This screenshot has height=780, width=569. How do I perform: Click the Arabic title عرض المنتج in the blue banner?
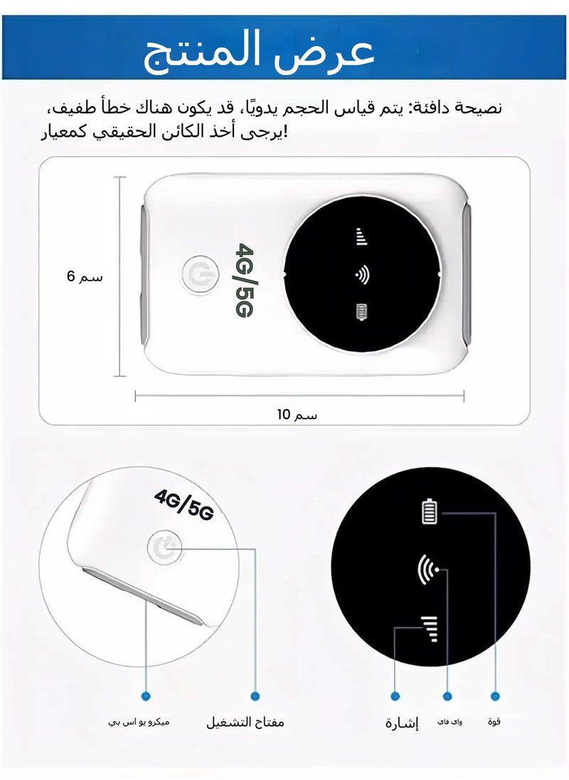point(259,51)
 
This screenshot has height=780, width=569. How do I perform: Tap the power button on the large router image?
point(197,274)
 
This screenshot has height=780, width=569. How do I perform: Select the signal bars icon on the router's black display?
point(361,237)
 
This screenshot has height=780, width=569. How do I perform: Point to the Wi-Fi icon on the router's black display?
point(362,275)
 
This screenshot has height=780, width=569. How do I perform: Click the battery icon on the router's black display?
point(362,312)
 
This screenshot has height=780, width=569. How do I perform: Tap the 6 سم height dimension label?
point(85,276)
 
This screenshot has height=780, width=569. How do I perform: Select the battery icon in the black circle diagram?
point(430,512)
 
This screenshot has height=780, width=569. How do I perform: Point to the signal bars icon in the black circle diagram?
point(429,628)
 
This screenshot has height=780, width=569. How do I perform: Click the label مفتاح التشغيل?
point(245,722)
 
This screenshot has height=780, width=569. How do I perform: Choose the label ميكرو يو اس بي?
point(139,722)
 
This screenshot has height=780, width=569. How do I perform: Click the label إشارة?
point(402,724)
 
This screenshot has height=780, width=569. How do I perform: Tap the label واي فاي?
point(450,722)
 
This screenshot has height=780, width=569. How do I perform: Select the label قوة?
point(494,722)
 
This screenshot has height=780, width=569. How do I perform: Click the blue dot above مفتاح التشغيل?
point(255,695)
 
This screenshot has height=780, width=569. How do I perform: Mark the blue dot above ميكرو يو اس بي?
point(146,695)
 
